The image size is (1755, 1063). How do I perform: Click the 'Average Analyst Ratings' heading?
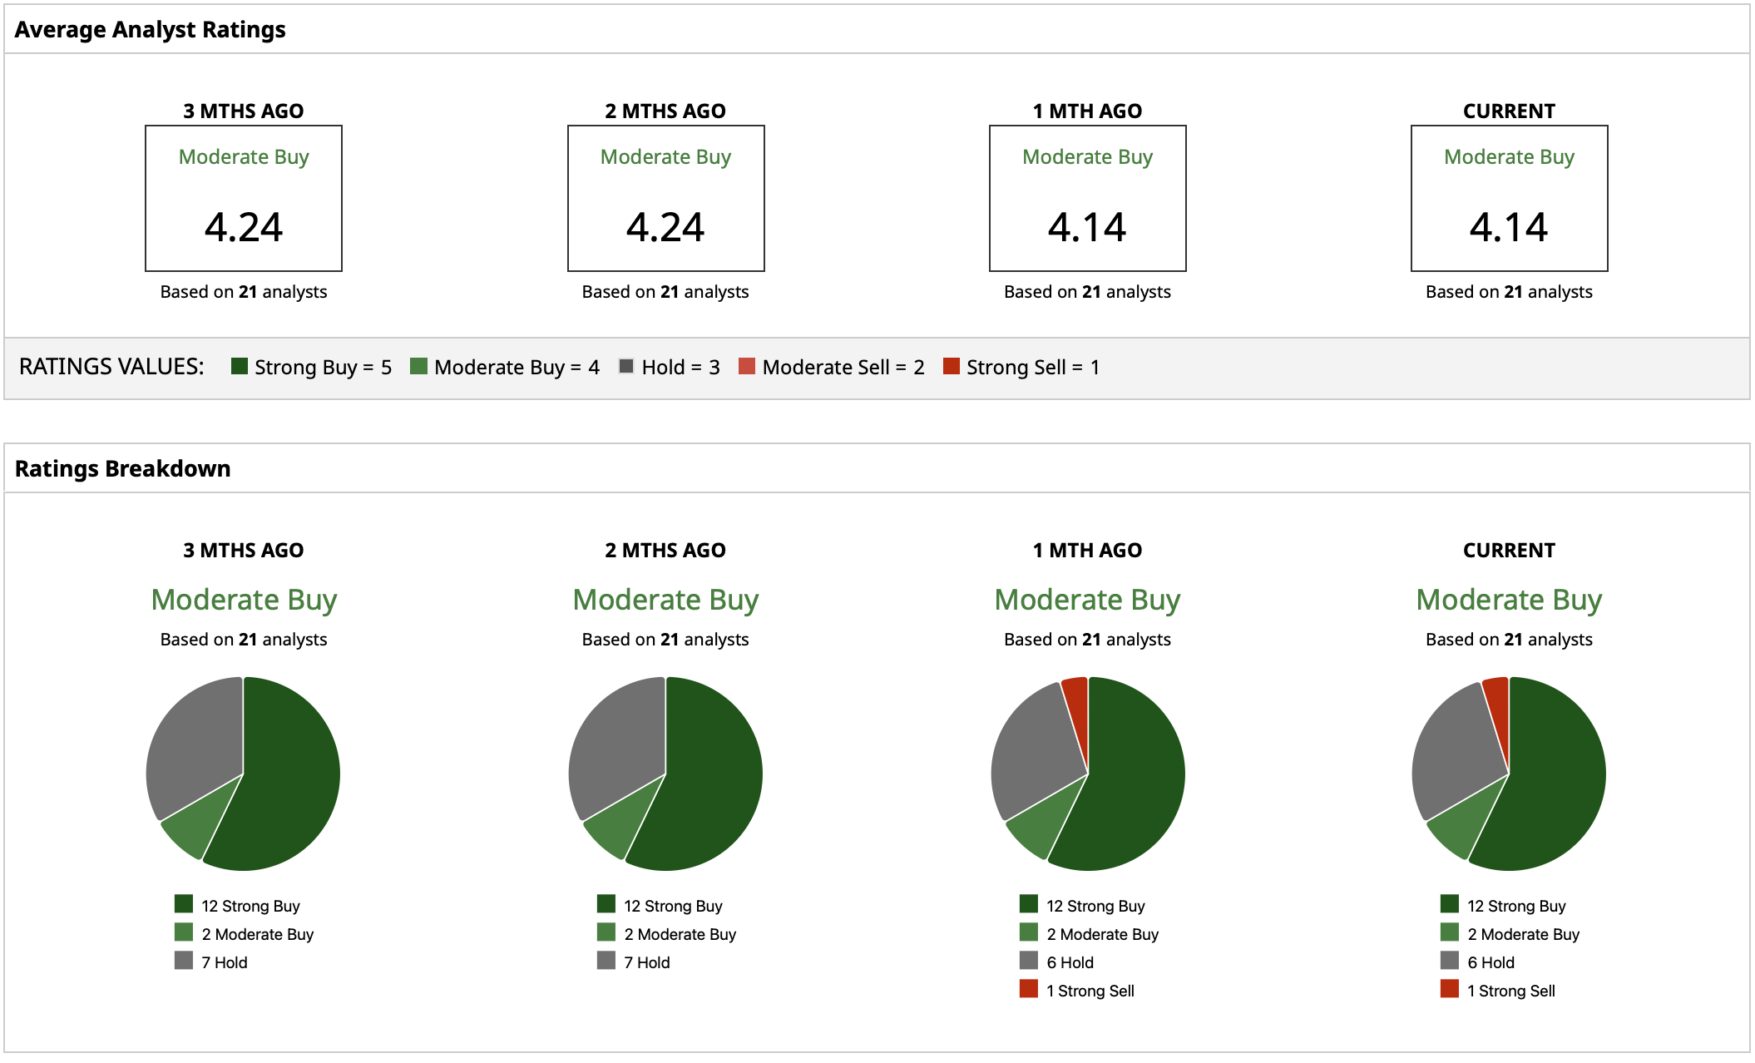[150, 30]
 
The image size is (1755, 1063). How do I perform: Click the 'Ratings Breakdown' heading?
[122, 469]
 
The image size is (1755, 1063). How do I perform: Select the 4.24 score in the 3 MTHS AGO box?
[244, 227]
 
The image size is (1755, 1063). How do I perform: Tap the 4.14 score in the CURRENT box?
[1509, 227]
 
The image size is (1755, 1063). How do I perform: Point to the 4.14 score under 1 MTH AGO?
[1087, 227]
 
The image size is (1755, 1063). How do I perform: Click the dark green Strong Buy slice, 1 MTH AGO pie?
[1131, 782]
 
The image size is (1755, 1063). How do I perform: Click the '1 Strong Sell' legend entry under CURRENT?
[1498, 991]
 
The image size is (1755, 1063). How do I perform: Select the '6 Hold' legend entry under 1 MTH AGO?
[1057, 962]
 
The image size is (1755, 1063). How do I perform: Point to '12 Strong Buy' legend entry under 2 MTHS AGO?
[660, 906]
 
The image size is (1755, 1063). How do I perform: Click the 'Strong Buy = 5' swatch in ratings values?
[240, 367]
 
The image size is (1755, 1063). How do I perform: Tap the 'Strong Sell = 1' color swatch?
[952, 367]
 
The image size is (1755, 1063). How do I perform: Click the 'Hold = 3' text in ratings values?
[680, 368]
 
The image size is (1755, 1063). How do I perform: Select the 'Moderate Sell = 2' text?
[843, 368]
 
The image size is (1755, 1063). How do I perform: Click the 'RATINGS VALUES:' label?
[111, 367]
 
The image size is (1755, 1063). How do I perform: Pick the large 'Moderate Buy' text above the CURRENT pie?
[1509, 600]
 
